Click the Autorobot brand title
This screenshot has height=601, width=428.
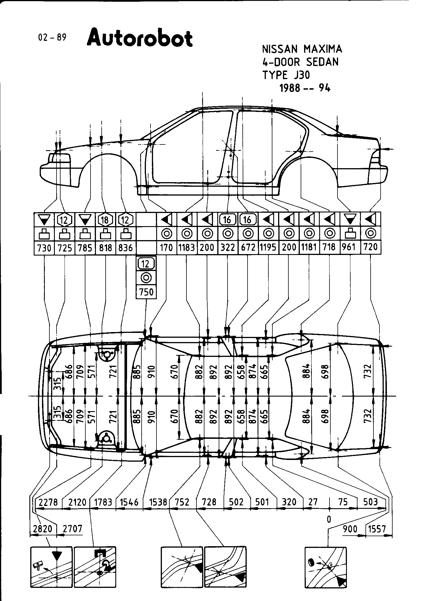[140, 38]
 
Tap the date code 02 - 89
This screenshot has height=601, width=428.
[52, 37]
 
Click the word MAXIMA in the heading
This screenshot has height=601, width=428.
[323, 49]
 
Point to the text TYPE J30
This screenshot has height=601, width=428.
[286, 75]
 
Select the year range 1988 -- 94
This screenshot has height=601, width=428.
[305, 88]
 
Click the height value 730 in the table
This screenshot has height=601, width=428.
[44, 248]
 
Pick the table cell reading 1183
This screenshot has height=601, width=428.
[187, 247]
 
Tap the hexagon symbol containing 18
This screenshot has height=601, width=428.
[105, 220]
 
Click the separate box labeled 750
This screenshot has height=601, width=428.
[146, 292]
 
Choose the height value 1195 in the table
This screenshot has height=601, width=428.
[268, 247]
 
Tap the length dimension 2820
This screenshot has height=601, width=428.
[43, 529]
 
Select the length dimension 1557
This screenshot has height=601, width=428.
[377, 529]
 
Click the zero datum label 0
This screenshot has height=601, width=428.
[329, 519]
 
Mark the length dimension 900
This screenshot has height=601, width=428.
[350, 529]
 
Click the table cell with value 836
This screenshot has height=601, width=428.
[126, 248]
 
